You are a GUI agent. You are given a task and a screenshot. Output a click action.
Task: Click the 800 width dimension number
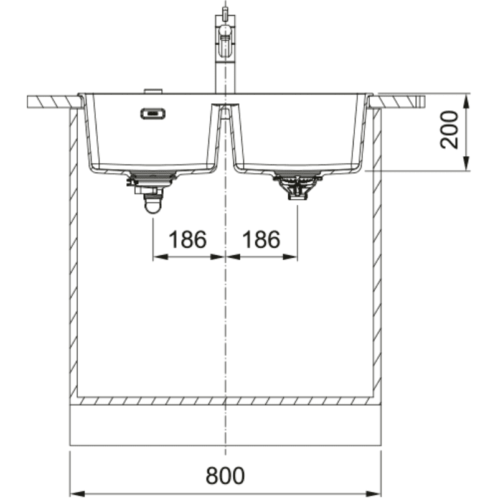point(225,476)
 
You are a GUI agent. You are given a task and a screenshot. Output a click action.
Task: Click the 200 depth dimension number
point(449,129)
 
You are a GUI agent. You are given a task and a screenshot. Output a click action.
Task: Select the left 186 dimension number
point(187,239)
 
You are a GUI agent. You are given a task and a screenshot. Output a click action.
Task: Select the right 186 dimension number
point(261,239)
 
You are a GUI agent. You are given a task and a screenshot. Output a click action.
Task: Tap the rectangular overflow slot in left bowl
point(153,113)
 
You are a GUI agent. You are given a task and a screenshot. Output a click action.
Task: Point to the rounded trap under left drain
point(153,205)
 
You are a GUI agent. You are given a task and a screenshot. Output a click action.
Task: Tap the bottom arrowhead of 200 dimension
point(466,164)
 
